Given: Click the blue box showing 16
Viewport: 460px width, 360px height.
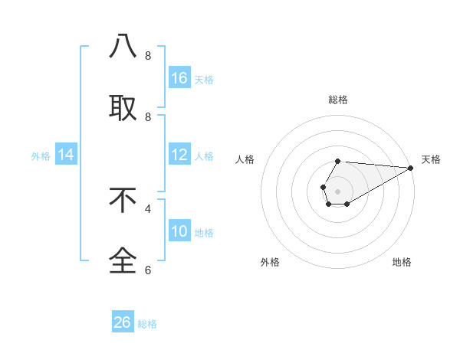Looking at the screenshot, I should click(x=179, y=78).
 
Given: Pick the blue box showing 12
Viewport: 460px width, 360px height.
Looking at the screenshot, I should click(x=179, y=155).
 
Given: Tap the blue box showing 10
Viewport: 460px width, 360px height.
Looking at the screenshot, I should click(x=179, y=232).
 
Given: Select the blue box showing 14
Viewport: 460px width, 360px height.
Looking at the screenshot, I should click(x=66, y=155).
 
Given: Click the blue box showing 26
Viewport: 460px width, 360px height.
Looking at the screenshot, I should click(x=123, y=322).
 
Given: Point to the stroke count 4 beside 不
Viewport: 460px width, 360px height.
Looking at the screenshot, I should click(x=148, y=208).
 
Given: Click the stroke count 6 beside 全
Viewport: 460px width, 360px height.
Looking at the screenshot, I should click(x=148, y=270).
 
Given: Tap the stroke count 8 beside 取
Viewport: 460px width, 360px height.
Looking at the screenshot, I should click(x=148, y=116).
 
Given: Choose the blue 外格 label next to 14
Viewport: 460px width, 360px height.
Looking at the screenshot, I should click(x=41, y=156).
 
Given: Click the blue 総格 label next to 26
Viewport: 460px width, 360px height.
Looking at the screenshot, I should click(x=147, y=324).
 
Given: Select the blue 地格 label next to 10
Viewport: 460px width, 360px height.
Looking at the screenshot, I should click(x=204, y=233).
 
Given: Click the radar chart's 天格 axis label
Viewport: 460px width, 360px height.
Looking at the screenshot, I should click(x=431, y=159).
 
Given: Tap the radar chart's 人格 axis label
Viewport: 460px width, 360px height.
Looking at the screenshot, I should click(x=245, y=159).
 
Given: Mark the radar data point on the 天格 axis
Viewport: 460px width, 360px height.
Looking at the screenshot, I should click(x=411, y=167).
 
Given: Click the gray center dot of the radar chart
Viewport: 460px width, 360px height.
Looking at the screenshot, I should click(x=337, y=190).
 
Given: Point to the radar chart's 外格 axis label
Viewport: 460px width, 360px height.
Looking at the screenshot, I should click(x=270, y=262).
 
